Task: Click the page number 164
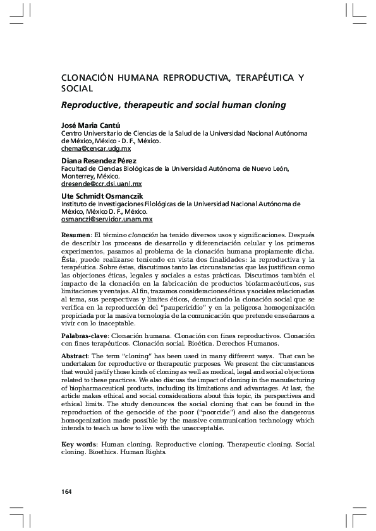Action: pyautogui.click(x=66, y=491)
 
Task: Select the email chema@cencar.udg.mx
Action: pyautogui.click(x=95, y=149)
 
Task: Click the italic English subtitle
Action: pyautogui.click(x=173, y=105)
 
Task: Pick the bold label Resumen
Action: pyautogui.click(x=75, y=235)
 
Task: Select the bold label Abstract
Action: pyautogui.click(x=75, y=356)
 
